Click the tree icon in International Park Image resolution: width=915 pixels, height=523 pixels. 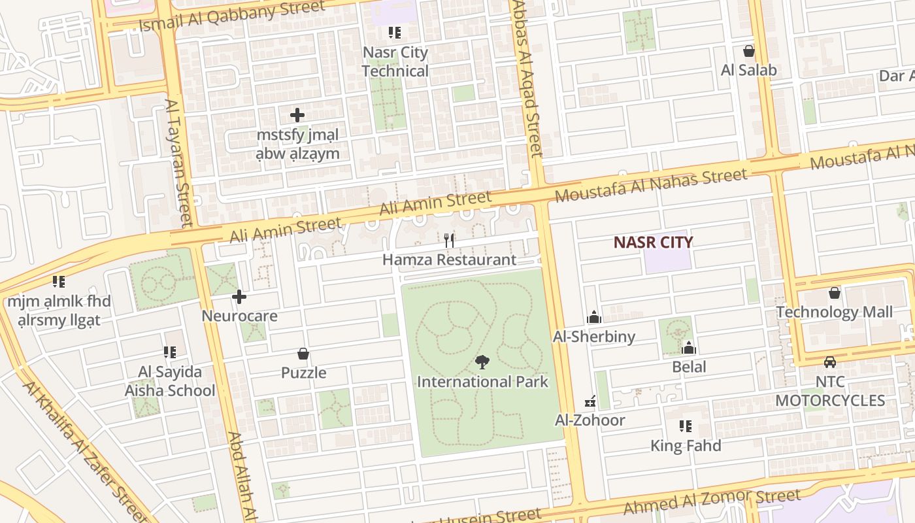pos(482,362)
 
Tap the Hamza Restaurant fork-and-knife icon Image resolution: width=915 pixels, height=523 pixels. pos(449,241)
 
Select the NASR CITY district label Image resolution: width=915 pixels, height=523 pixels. pos(653,243)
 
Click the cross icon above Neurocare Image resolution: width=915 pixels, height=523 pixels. pos(239,297)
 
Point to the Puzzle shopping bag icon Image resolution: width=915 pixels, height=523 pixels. pos(303,354)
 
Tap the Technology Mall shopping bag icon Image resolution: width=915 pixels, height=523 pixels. pos(834,293)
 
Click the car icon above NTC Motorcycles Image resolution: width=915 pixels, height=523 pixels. pos(829,362)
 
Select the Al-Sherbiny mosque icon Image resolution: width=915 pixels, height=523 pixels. pos(594,317)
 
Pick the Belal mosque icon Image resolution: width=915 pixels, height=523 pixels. pos(689,348)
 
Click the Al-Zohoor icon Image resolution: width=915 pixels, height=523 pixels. pos(590,401)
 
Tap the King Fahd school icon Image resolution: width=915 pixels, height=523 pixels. pos(685,427)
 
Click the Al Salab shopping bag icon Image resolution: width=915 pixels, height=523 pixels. pos(748,51)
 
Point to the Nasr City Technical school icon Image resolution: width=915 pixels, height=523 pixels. pos(394,33)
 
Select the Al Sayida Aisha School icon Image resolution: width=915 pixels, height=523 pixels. pos(170,353)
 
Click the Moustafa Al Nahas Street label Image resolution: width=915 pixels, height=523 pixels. pos(650,184)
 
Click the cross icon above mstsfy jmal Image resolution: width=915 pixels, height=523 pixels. pos(297,116)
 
